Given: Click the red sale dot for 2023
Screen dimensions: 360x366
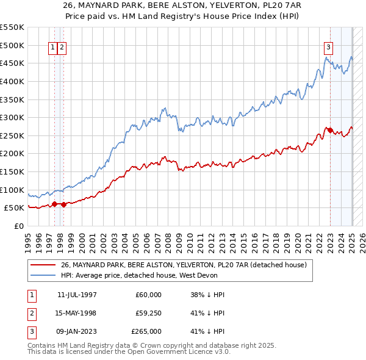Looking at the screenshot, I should [330, 130].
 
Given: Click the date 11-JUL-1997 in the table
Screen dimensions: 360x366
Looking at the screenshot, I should [76, 295].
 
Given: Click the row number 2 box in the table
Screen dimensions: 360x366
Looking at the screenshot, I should [30, 313].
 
